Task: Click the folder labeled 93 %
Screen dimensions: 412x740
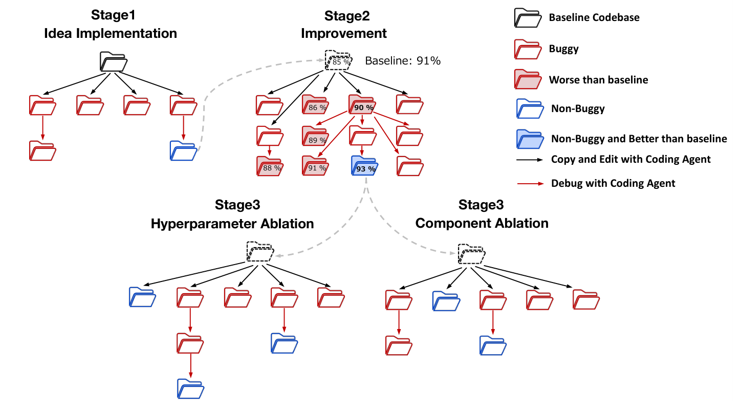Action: [364, 166]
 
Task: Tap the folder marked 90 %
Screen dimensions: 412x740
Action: [362, 105]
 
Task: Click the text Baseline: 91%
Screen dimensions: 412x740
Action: [403, 61]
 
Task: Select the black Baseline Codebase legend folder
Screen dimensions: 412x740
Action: [528, 18]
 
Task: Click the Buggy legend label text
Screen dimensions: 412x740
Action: [564, 49]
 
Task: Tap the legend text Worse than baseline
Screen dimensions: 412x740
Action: [598, 80]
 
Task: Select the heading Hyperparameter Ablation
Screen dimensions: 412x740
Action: [232, 223]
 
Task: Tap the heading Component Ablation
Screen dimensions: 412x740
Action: [482, 223]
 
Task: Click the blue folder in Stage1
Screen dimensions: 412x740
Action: [183, 151]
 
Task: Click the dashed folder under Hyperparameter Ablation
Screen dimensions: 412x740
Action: [259, 252]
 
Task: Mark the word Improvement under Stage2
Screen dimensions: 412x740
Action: [343, 34]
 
